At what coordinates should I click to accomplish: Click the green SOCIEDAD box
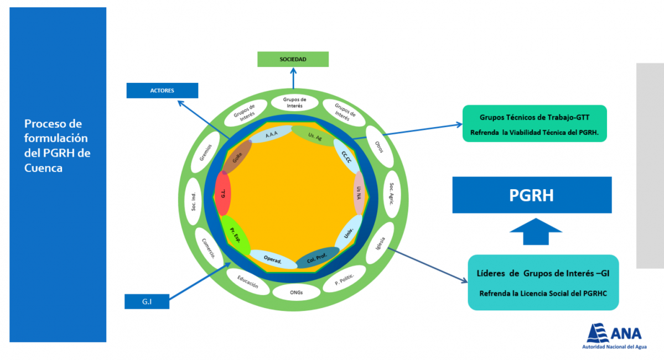click(293, 59)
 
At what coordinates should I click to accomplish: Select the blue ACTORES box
click(162, 90)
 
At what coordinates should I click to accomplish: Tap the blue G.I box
click(147, 301)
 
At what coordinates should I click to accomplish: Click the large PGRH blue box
click(532, 195)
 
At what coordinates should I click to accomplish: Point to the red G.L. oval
click(222, 194)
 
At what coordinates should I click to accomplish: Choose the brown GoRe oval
click(237, 157)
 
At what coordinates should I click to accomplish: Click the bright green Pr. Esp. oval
click(236, 235)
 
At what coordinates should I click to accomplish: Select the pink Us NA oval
click(359, 193)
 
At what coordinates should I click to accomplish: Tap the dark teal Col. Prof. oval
click(318, 258)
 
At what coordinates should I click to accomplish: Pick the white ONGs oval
click(297, 293)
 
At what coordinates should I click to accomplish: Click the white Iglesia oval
click(380, 243)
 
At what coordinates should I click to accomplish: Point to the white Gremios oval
click(205, 152)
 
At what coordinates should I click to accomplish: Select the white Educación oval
click(248, 281)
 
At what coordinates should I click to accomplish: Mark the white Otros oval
click(380, 147)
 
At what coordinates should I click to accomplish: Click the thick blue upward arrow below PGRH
click(536, 232)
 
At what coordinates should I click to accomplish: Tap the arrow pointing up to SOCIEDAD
click(293, 78)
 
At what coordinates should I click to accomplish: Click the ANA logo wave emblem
click(597, 333)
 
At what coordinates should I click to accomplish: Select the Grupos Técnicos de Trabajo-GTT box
click(535, 123)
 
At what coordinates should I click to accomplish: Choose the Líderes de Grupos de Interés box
click(543, 283)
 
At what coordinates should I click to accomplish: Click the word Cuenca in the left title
click(43, 168)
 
